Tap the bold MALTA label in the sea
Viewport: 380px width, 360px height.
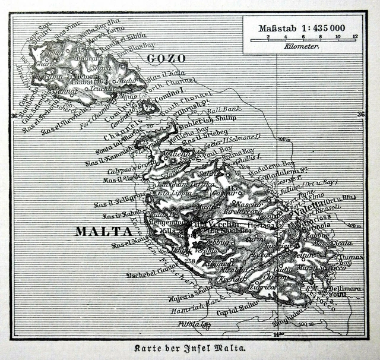pos(103,232)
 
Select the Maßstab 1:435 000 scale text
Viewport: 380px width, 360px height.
pos(302,28)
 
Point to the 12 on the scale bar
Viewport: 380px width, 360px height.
pos(355,36)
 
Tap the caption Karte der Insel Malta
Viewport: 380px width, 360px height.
pos(190,349)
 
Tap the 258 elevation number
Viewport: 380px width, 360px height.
pos(189,261)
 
